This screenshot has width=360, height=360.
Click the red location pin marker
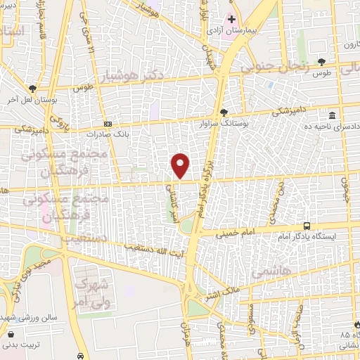pyautogui.click(x=181, y=165)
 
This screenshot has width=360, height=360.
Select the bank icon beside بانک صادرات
pyautogui.click(x=107, y=122)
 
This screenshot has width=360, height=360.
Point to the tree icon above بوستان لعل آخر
pyautogui.click(x=33, y=88)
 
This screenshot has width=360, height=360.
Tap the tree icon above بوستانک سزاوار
pyautogui.click(x=224, y=112)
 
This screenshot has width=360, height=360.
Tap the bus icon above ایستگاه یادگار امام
pyautogui.click(x=307, y=226)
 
